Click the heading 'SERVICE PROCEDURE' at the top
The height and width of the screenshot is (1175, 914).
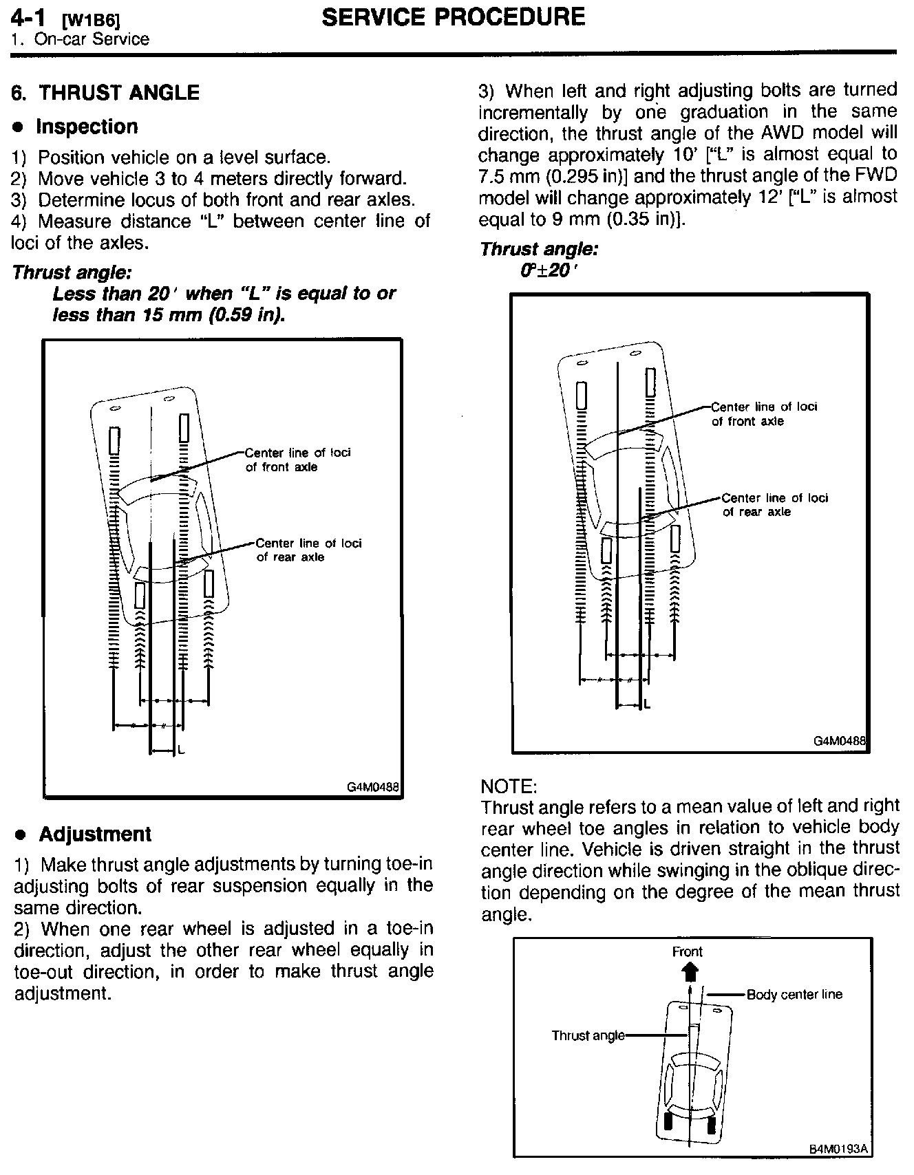coord(453,17)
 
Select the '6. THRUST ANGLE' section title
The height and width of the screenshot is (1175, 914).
coord(106,93)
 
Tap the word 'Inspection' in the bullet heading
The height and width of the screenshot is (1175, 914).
coord(87,127)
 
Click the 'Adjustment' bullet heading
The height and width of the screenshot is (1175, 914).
coord(94,834)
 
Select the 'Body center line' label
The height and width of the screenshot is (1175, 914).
coord(794,994)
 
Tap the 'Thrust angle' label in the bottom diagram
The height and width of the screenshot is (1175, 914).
coord(588,1035)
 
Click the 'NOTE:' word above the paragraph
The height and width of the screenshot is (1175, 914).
coord(509,786)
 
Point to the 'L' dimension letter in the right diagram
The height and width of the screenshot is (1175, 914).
coord(647,704)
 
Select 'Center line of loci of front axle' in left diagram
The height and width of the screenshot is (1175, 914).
coord(297,460)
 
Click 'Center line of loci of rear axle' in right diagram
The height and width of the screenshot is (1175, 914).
coord(774,505)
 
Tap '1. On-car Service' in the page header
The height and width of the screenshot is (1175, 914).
coord(80,39)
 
